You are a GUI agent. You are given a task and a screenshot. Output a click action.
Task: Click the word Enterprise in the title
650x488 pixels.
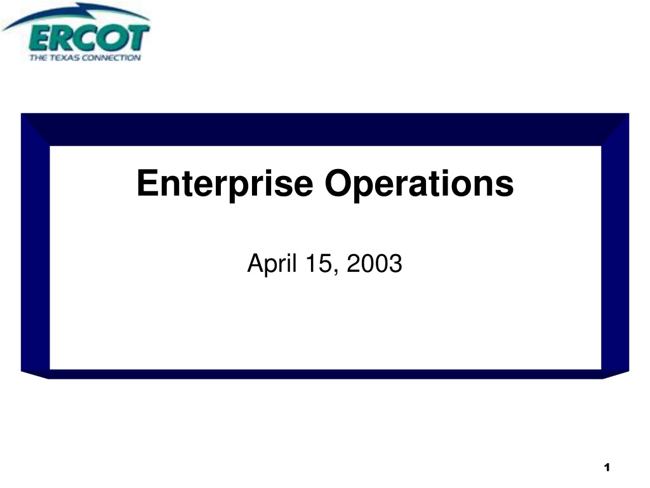coord(225,184)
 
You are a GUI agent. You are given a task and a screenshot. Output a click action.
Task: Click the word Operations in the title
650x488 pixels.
coord(419,184)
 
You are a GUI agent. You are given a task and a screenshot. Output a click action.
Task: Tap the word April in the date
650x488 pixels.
coord(272,264)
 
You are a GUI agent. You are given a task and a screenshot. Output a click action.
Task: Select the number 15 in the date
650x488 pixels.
coord(319,263)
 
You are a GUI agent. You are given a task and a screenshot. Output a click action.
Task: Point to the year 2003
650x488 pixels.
coord(375,263)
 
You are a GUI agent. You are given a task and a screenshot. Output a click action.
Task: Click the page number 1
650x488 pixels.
coord(607,468)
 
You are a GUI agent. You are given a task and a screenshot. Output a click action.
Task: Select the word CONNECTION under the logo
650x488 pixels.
coord(112,58)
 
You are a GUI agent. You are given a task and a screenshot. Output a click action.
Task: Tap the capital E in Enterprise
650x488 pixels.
coord(147,182)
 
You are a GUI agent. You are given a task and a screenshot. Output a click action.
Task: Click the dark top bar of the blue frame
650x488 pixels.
coord(325,130)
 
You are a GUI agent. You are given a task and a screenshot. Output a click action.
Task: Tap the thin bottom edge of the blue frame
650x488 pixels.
coord(325,374)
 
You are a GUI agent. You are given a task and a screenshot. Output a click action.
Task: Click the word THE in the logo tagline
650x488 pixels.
coord(38,58)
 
